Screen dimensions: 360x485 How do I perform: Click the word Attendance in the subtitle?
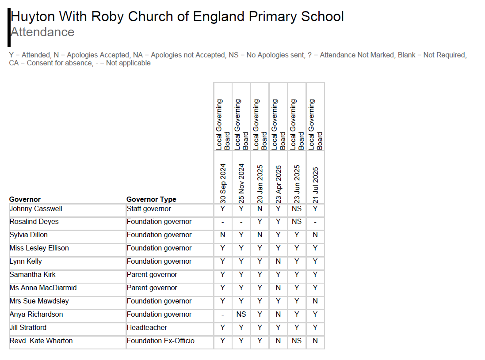pyautogui.click(x=42, y=32)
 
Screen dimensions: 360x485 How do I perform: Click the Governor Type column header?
pyautogui.click(x=151, y=200)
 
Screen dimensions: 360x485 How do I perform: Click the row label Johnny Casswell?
pyautogui.click(x=36, y=208)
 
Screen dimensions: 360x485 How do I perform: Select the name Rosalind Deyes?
pyautogui.click(x=34, y=222)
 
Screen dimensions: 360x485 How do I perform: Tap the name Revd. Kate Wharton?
pyautogui.click(x=41, y=341)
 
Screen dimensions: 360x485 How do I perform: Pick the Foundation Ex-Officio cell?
pyautogui.click(x=160, y=341)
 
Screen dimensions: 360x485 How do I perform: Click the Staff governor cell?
pyautogui.click(x=149, y=208)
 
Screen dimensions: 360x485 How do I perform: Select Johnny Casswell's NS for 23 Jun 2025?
pyautogui.click(x=297, y=208)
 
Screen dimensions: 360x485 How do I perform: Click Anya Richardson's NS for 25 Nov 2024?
pyautogui.click(x=241, y=315)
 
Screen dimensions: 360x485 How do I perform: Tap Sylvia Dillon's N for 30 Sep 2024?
pyautogui.click(x=223, y=235)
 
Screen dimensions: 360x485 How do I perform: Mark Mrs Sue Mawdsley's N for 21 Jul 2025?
pyautogui.click(x=315, y=301)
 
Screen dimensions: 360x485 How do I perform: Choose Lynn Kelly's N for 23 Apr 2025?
pyautogui.click(x=279, y=261)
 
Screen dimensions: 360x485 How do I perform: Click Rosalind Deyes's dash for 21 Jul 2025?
pyautogui.click(x=315, y=222)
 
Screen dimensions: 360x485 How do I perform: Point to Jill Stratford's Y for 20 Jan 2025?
pyautogui.click(x=260, y=328)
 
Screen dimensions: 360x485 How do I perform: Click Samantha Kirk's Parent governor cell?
pyautogui.click(x=152, y=275)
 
